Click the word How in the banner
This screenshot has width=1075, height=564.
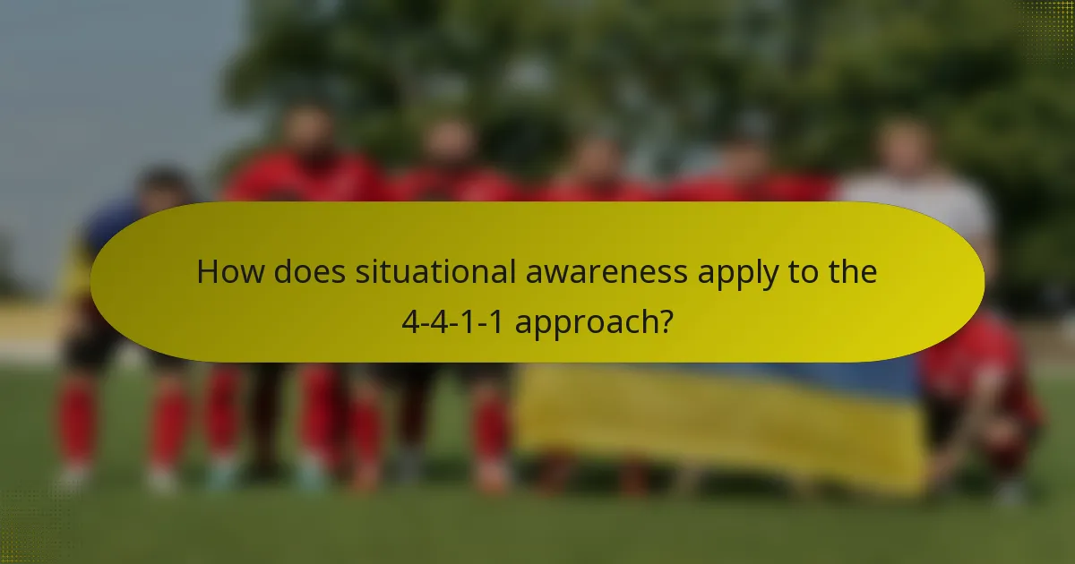(224, 272)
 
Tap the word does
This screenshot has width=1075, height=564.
(302, 272)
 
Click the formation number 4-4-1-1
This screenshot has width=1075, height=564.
(451, 321)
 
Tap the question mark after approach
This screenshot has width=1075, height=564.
(666, 321)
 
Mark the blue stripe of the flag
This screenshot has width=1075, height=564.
(806, 376)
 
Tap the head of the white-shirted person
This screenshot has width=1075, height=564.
(905, 143)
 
